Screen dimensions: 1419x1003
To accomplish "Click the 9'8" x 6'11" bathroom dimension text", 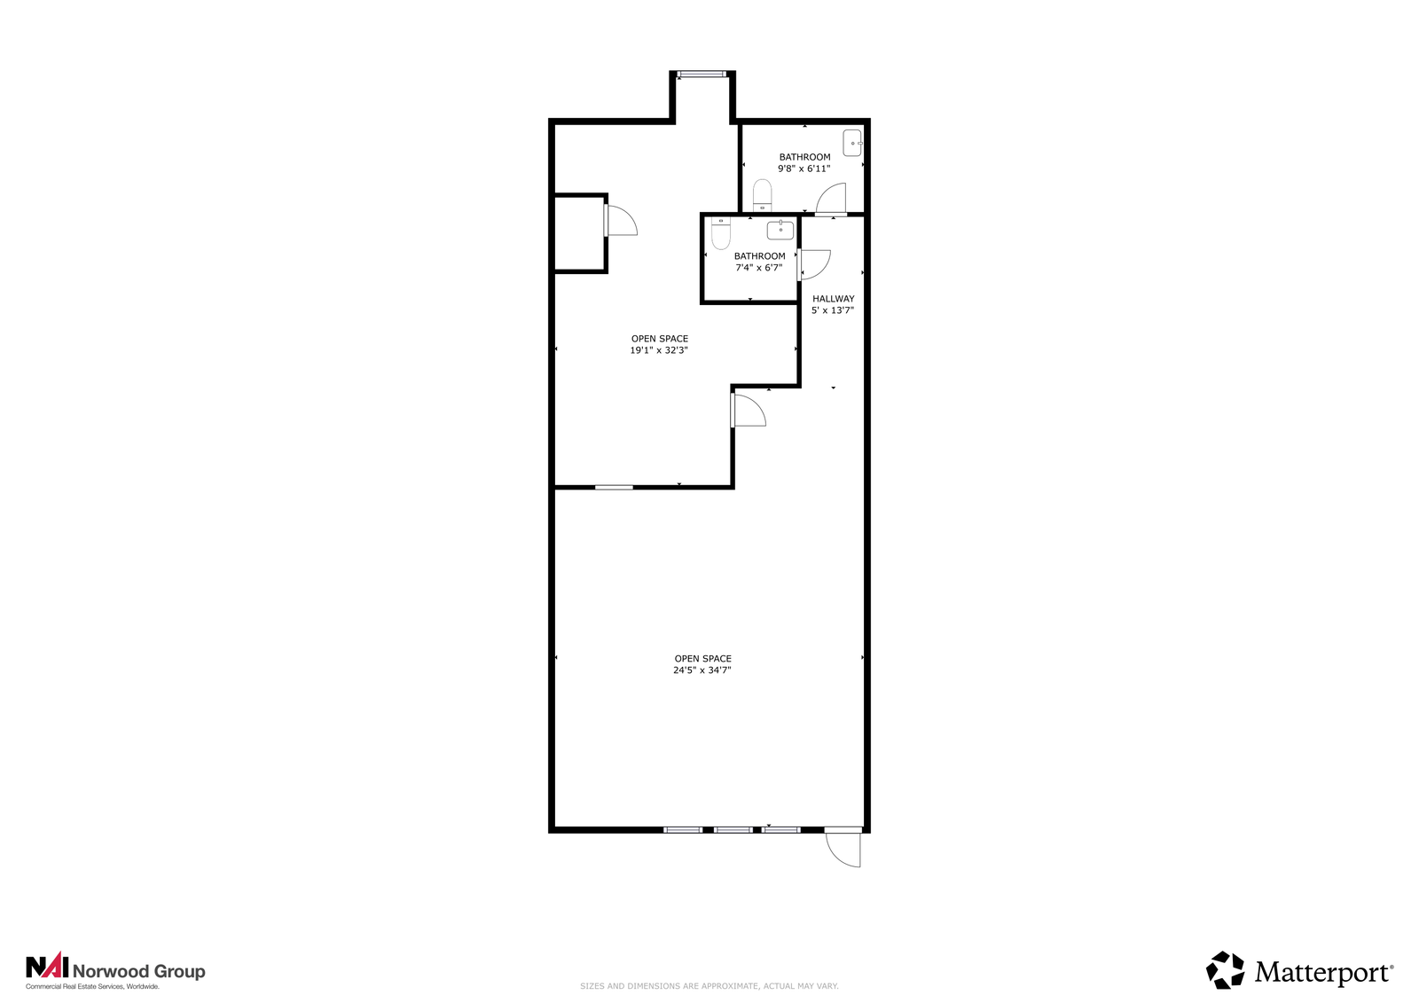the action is point(804,168).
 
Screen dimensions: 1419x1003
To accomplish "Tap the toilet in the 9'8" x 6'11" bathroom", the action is point(762,195).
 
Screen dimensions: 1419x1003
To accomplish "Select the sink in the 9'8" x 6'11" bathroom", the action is point(852,143).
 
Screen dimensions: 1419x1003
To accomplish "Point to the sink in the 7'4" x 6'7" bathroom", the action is point(780,230).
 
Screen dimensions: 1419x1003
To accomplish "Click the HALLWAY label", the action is point(833,299).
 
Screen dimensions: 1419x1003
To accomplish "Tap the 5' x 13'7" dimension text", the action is point(833,310).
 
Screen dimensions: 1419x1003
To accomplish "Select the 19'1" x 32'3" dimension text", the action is point(659,350).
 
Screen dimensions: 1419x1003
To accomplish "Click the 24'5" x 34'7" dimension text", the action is point(702,670).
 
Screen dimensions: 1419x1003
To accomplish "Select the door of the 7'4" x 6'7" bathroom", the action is point(814,265).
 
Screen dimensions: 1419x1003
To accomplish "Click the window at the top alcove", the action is point(702,74).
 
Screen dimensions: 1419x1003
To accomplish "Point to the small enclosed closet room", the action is point(579,234).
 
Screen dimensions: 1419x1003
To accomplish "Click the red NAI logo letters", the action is point(47,967).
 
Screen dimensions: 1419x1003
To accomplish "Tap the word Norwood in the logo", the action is point(112,971).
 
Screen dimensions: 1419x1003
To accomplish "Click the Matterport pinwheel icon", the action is point(1225,970).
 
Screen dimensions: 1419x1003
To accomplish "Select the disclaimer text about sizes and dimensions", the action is point(709,986).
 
